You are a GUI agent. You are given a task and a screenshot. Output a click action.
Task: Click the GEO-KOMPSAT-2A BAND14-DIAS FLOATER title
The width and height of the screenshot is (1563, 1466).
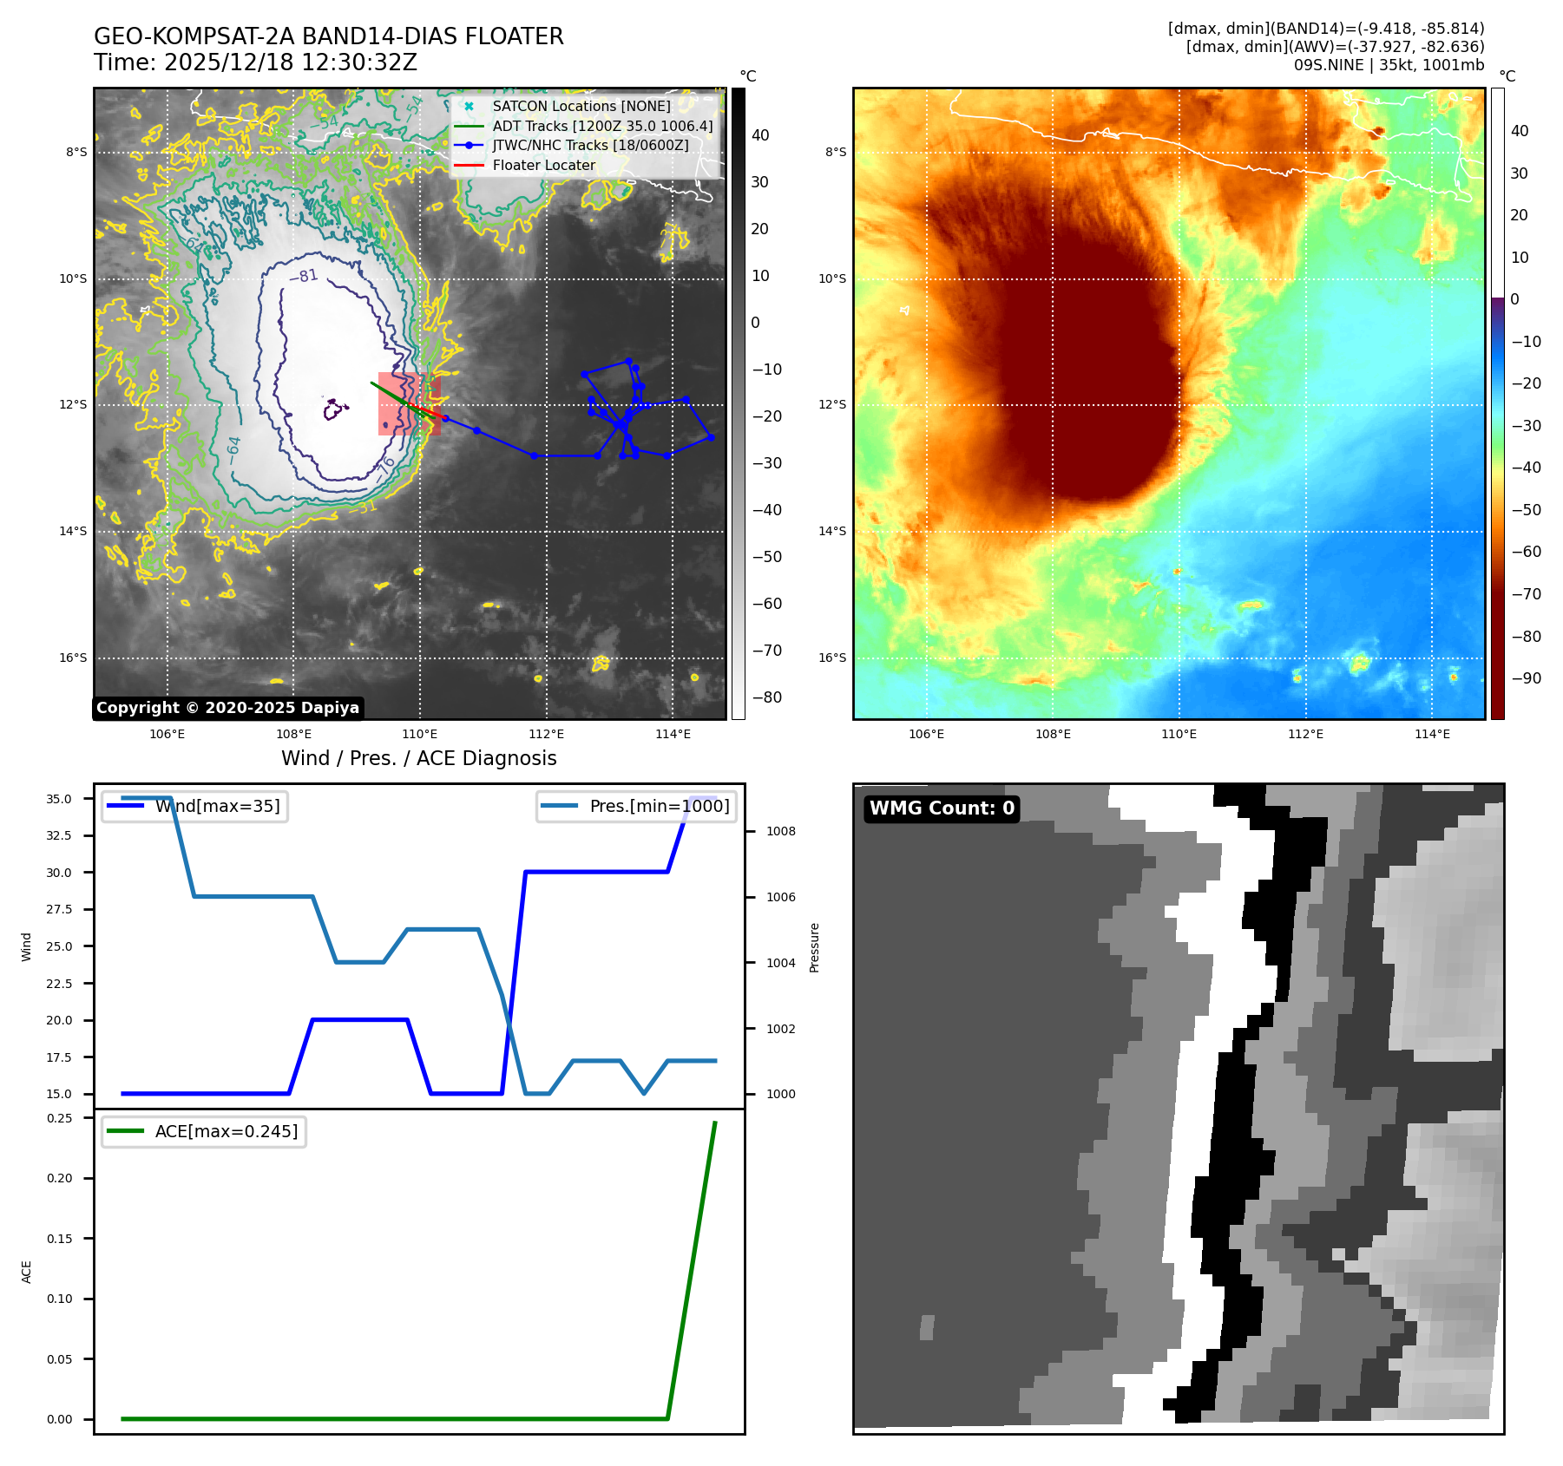[x=328, y=36]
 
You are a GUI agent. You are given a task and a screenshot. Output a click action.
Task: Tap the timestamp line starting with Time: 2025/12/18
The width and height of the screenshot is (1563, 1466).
[x=255, y=62]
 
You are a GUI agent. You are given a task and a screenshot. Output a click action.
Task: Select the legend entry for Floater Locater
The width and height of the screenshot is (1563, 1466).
[x=543, y=165]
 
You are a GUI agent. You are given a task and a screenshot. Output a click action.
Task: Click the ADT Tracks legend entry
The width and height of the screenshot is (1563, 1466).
[x=602, y=126]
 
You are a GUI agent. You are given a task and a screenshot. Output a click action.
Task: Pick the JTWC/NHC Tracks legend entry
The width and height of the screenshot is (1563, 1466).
[x=590, y=145]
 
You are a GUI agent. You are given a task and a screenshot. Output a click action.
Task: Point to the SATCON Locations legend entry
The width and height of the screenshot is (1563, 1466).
[x=581, y=106]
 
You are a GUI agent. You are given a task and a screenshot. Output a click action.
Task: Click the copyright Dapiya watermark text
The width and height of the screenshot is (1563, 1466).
[x=227, y=708]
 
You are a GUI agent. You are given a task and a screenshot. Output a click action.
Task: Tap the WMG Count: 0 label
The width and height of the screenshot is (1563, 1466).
[x=942, y=808]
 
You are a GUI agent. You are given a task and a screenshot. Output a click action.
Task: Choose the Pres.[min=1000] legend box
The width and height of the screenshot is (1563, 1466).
[x=637, y=806]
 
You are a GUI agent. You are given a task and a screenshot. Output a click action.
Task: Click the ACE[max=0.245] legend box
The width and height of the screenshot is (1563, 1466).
[x=204, y=1131]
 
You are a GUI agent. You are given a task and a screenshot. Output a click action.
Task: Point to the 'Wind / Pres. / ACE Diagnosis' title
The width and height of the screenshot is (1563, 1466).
[x=418, y=758]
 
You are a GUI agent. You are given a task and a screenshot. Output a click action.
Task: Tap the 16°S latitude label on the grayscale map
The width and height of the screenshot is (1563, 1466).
[x=73, y=658]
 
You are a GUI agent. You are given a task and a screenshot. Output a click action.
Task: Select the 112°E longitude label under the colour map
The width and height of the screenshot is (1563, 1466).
[x=1305, y=734]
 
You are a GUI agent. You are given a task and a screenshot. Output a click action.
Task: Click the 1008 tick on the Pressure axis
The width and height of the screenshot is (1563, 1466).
[x=781, y=831]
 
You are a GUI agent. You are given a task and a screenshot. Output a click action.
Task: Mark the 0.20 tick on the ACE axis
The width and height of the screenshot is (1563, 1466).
[x=60, y=1178]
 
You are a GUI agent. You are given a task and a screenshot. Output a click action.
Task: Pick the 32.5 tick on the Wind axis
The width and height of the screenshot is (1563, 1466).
[x=59, y=835]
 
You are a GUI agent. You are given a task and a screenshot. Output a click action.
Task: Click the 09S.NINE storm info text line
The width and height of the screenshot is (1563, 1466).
[x=1389, y=65]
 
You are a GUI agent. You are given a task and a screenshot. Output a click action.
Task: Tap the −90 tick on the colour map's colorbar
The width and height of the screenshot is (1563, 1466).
[x=1527, y=678]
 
